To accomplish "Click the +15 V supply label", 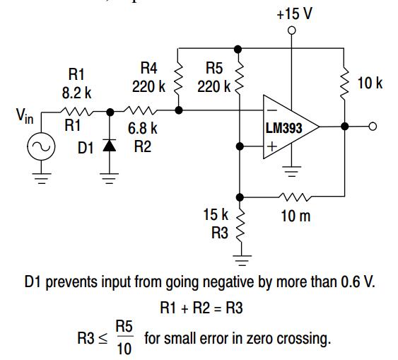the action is pyautogui.click(x=294, y=14).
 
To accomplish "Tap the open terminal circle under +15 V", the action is pyautogui.click(x=292, y=30).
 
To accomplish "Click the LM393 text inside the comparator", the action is pyautogui.click(x=284, y=128).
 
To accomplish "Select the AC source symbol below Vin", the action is pyautogui.click(x=41, y=146).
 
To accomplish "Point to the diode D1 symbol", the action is pyautogui.click(x=110, y=145).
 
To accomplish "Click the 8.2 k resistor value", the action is pyautogui.click(x=76, y=93).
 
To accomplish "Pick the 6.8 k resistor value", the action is pyautogui.click(x=142, y=128).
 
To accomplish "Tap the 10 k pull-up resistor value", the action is pyautogui.click(x=370, y=83).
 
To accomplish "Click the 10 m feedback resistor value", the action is pyautogui.click(x=295, y=216).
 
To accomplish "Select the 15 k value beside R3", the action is pyautogui.click(x=216, y=214).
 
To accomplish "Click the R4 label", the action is pyautogui.click(x=148, y=68).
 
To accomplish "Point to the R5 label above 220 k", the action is pyautogui.click(x=214, y=68).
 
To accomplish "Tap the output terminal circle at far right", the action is pyautogui.click(x=373, y=126).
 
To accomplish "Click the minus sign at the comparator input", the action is pyautogui.click(x=272, y=110).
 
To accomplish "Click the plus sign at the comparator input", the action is pyautogui.click(x=272, y=146).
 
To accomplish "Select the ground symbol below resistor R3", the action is pyautogui.click(x=242, y=260).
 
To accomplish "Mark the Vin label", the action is pyautogui.click(x=25, y=116).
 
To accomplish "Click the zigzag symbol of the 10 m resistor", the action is pyautogui.click(x=295, y=197).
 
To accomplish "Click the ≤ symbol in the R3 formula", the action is pyautogui.click(x=103, y=339).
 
